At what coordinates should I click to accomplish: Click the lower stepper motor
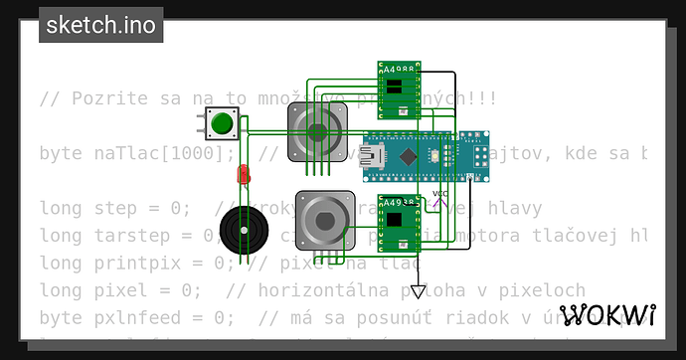click(324, 218)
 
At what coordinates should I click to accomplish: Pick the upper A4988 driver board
click(399, 88)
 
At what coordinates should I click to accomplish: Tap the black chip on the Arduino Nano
click(410, 155)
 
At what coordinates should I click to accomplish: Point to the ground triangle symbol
click(419, 292)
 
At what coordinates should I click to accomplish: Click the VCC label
click(441, 193)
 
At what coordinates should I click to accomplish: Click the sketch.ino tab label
click(101, 25)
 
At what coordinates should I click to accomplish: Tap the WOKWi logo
click(607, 316)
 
